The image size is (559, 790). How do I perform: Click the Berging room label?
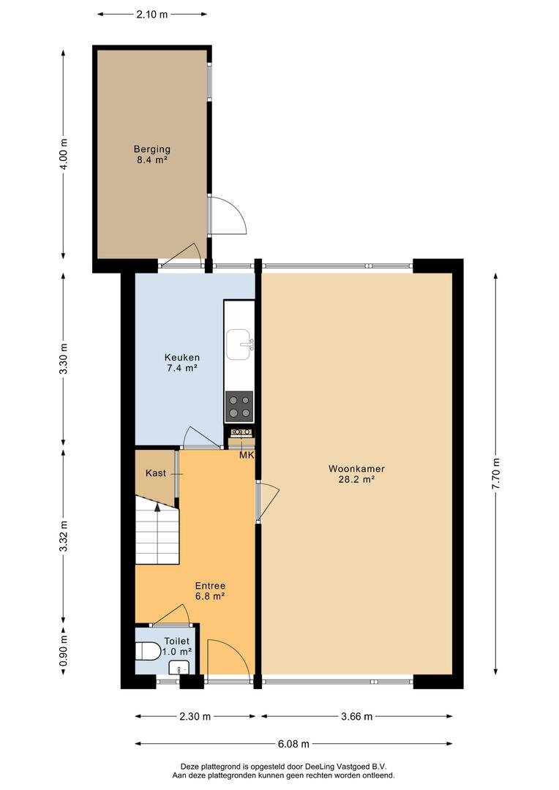[151, 154]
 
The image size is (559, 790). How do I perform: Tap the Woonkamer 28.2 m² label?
[356, 474]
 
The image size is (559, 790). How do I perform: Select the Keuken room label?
[182, 363]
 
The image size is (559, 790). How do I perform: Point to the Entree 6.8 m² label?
[210, 591]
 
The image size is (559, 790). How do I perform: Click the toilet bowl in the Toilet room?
[147, 650]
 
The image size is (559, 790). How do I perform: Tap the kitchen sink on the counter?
[240, 345]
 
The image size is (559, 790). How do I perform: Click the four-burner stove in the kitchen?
[239, 407]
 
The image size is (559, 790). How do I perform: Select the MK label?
[247, 456]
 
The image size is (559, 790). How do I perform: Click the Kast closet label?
[156, 473]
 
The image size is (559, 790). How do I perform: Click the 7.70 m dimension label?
[496, 474]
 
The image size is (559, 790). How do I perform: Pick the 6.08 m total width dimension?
[293, 743]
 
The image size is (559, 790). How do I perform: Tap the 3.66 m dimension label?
[356, 716]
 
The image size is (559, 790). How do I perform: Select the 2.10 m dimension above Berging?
[151, 14]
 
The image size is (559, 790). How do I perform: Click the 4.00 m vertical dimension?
[64, 154]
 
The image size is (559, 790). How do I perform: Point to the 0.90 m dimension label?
[64, 650]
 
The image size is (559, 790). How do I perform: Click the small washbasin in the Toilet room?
[177, 668]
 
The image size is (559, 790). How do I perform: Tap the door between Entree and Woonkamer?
[268, 501]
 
